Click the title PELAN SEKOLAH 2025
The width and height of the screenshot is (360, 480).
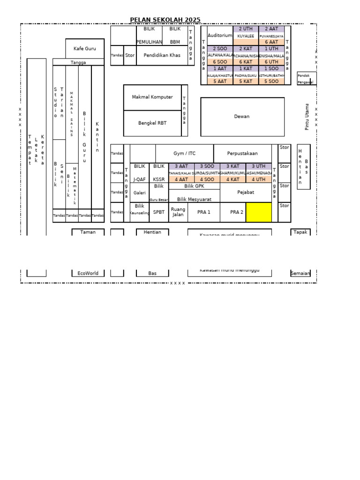pos(165,20)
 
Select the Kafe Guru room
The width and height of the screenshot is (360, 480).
pos(85,48)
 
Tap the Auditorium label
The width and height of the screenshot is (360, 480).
pos(220,35)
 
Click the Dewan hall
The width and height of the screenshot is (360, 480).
pos(242,116)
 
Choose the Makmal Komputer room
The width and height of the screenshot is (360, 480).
pos(152,97)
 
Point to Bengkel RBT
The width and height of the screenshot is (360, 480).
pos(152,123)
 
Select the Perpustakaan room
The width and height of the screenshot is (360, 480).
pos(242,153)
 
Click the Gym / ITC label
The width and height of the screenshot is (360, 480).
pos(184,153)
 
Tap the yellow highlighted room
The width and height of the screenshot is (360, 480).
pos(258,212)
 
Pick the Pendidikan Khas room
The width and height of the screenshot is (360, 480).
pos(162,55)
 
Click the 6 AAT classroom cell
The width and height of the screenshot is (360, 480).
pos(271,42)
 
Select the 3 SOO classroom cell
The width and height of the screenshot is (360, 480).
pos(207,166)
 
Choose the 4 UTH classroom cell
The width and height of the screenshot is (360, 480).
pos(258,179)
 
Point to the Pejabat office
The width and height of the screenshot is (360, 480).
pos(246,192)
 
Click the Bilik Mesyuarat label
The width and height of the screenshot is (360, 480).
pos(194,199)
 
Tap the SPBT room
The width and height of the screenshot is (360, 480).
pos(159,212)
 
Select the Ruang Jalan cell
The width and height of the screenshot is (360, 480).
pos(178,212)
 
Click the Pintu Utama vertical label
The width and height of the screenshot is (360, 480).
pos(307,117)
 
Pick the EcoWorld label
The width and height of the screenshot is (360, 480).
pos(88,273)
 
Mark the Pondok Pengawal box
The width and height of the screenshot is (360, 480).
pos(307,78)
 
